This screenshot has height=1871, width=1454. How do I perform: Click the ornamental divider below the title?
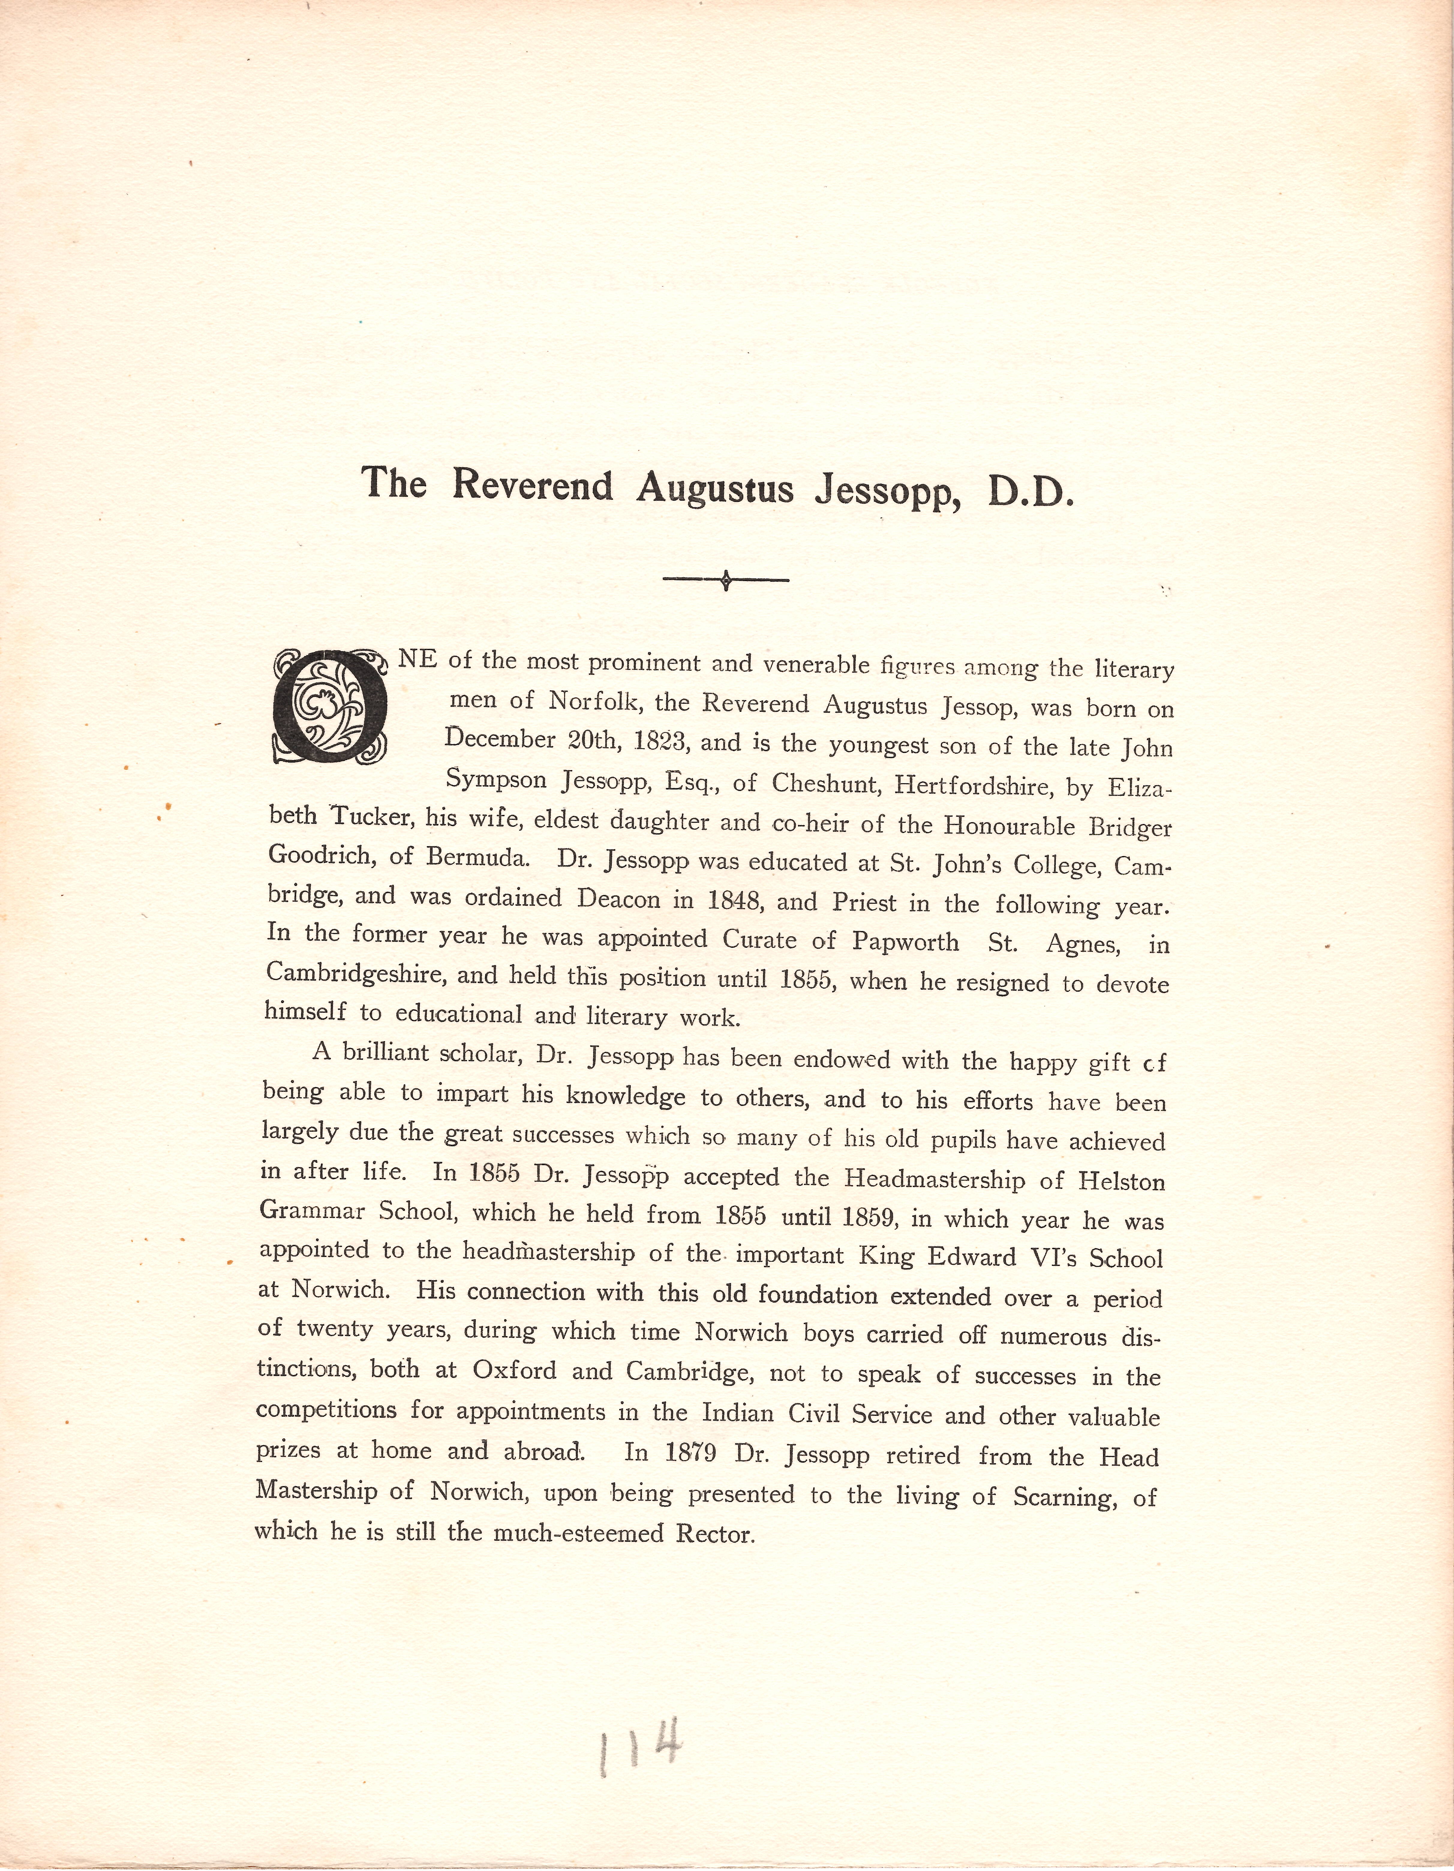click(x=726, y=581)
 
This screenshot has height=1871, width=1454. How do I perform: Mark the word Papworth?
click(x=906, y=941)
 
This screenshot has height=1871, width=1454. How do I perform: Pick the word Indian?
click(x=735, y=1412)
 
